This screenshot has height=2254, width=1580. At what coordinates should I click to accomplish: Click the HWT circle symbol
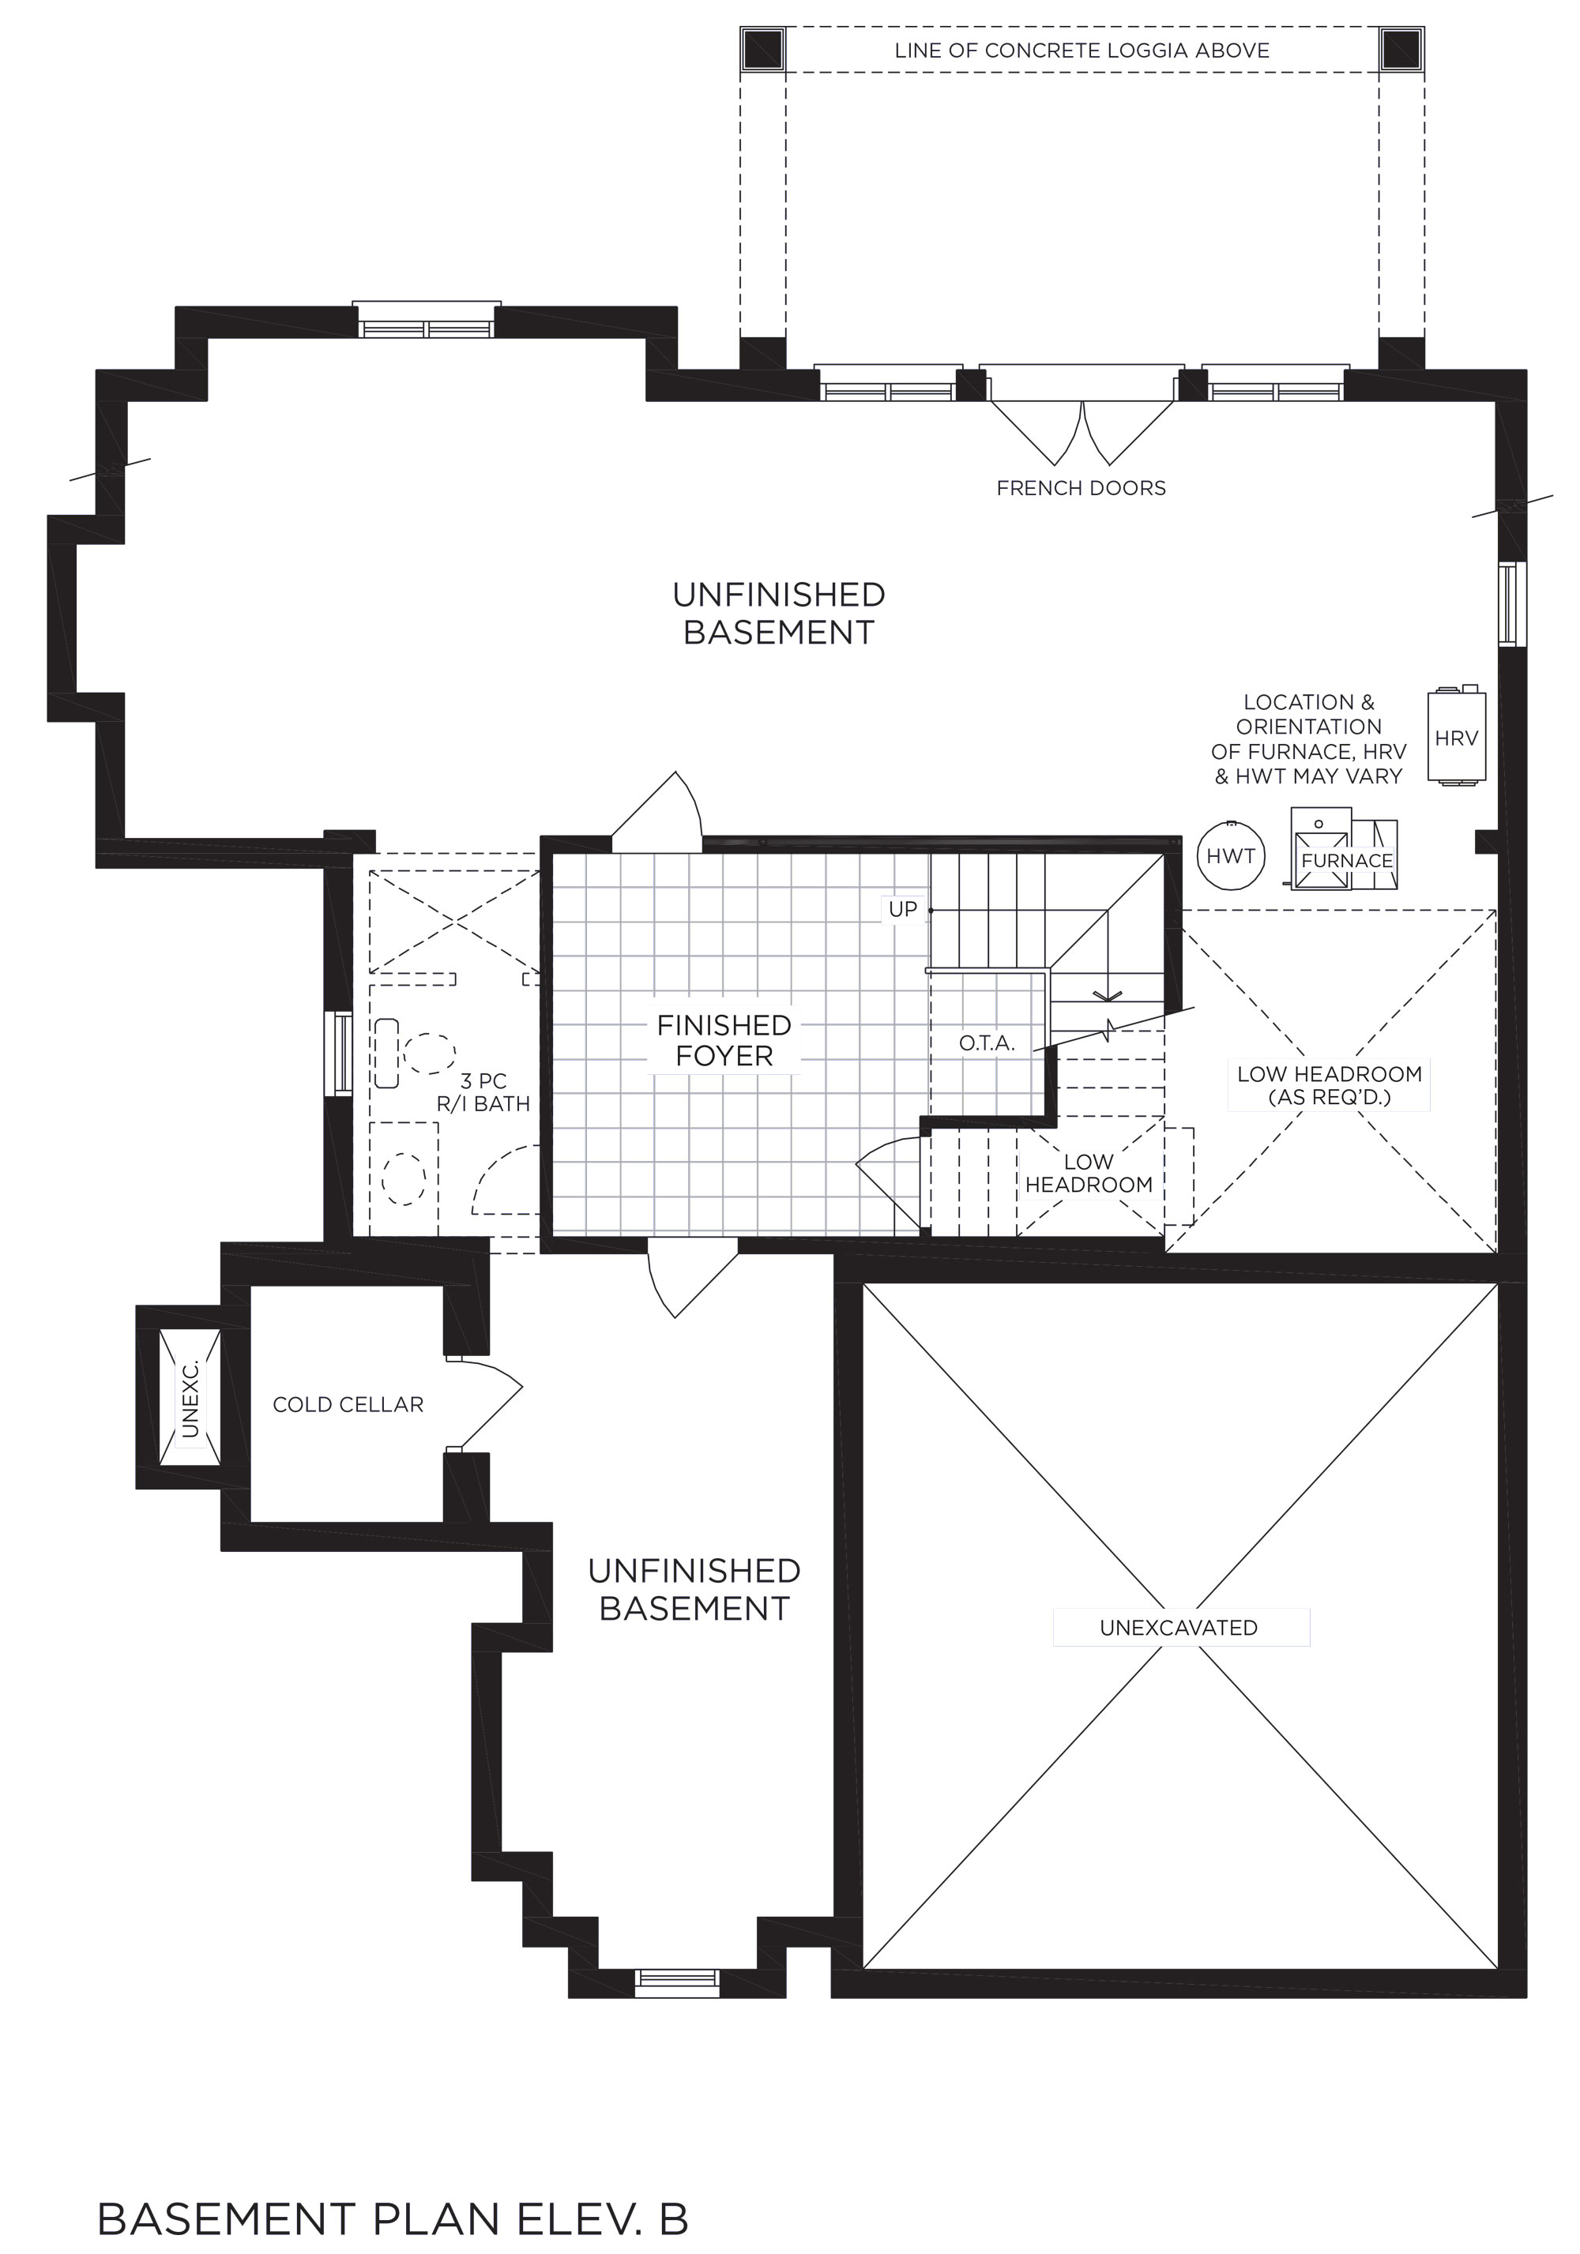tap(1230, 855)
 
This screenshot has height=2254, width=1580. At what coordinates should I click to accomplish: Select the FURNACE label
tap(1346, 861)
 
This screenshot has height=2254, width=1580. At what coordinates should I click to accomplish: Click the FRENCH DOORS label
tap(1082, 488)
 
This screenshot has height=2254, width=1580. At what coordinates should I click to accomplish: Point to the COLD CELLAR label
tap(348, 1405)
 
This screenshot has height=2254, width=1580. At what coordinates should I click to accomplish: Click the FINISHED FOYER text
tap(724, 1041)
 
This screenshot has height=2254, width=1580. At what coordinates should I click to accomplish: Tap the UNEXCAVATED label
tap(1179, 1628)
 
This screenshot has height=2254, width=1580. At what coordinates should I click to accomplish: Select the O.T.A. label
tap(987, 1043)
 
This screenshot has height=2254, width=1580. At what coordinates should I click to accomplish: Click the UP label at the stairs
tap(902, 909)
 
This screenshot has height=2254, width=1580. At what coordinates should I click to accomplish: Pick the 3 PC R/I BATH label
tap(483, 1092)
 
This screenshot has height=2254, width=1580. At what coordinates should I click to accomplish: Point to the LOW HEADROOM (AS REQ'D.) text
tap(1330, 1086)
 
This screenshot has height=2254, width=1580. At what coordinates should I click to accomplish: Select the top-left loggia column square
tap(763, 49)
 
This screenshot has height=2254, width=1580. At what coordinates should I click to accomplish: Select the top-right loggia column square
tap(1401, 49)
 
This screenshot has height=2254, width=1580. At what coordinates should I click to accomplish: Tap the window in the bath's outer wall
tap(340, 1054)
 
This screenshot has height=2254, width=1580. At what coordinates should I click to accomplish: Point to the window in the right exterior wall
tap(1511, 603)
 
